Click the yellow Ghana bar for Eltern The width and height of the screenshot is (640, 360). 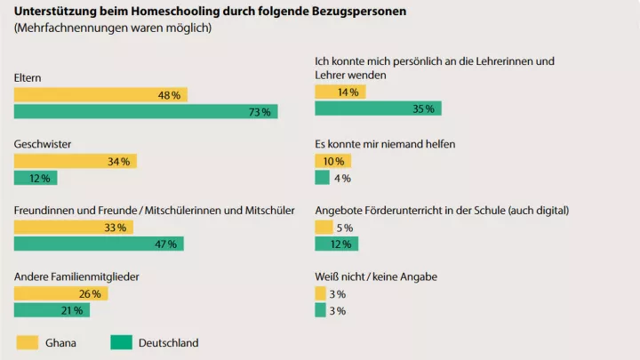point(100,94)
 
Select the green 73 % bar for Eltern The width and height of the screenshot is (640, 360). point(146,111)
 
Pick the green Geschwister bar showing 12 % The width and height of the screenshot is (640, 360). point(36,178)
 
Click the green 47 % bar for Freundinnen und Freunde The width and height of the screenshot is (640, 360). point(99,244)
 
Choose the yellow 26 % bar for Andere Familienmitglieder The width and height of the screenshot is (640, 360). point(60,293)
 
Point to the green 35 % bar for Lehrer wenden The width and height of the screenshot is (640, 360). point(378,108)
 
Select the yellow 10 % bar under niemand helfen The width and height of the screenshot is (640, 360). point(333,161)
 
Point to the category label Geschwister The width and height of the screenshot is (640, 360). point(43,143)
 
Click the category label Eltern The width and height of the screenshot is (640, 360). point(28,77)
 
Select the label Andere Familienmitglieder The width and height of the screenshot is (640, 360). point(76,276)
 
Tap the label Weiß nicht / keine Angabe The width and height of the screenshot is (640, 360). point(376,276)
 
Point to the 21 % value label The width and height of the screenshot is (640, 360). point(73,310)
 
